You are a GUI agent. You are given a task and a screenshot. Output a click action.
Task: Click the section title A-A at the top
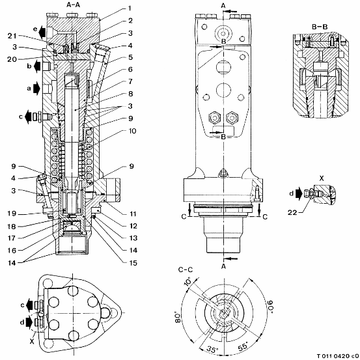tap(74, 5)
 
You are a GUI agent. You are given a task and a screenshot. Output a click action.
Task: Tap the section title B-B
tap(320, 27)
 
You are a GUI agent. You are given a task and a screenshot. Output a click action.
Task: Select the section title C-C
tap(186, 270)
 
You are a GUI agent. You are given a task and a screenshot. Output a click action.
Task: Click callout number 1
tap(130, 8)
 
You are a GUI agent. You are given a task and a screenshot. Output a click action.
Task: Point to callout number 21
tap(12, 36)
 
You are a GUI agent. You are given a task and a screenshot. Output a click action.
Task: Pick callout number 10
tap(132, 131)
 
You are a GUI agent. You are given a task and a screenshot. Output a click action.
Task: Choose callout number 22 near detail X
tap(292, 213)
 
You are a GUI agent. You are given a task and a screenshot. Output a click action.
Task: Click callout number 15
tap(133, 262)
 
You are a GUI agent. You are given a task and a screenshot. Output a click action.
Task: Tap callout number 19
tap(12, 214)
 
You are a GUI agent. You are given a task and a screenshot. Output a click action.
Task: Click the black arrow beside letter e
tap(42, 32)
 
